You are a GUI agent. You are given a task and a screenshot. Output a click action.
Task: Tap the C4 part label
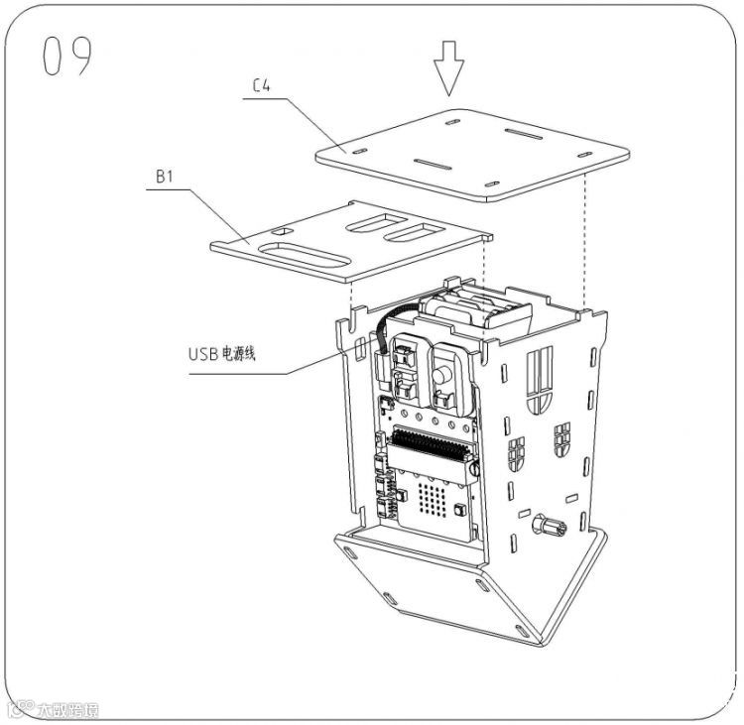click(x=262, y=87)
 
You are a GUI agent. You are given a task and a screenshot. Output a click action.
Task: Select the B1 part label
click(x=165, y=177)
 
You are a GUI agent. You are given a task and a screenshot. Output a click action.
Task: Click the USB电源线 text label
click(x=222, y=352)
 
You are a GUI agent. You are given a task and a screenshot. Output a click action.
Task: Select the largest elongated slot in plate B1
click(x=306, y=258)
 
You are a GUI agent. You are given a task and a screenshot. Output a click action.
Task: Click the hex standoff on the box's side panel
click(x=549, y=526)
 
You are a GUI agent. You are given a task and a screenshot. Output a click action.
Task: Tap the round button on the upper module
click(x=442, y=374)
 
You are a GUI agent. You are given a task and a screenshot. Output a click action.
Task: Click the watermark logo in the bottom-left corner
click(x=55, y=709)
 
